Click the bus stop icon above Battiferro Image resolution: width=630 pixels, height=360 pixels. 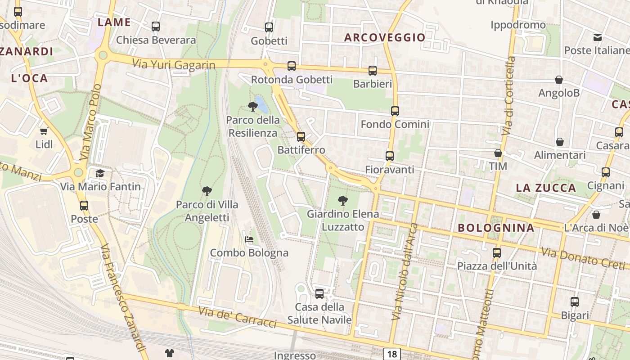coord(301,136)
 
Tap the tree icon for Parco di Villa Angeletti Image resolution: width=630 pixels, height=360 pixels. coord(207,191)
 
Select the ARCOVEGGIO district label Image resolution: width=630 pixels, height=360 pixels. coord(385,37)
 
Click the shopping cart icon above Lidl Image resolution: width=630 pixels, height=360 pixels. coord(44,131)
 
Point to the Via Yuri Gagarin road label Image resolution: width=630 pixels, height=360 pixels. coord(174,64)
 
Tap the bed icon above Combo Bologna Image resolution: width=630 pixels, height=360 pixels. coord(249,239)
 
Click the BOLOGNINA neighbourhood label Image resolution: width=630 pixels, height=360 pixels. coord(496,228)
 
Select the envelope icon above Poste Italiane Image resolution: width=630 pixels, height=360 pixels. coord(598,37)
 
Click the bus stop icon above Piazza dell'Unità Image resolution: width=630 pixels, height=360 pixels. coord(497,252)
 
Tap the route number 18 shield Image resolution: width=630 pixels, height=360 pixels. coord(392,354)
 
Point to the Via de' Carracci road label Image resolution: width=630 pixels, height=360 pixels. coord(237,317)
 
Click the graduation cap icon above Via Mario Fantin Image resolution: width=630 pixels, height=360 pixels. coord(100,173)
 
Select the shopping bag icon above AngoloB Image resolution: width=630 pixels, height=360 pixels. coord(559,80)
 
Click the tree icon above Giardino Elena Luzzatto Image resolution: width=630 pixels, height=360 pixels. coord(342,201)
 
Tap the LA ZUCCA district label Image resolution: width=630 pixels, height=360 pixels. coord(546,188)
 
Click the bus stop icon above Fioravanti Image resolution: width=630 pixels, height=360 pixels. coord(390,156)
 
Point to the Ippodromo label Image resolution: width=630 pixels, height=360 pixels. coord(518,25)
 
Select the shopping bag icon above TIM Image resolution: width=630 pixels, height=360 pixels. coord(498,153)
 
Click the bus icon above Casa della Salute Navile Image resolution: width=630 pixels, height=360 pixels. coord(319,294)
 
